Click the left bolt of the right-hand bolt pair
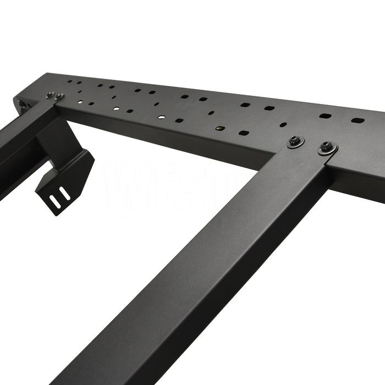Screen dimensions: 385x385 click(295, 142)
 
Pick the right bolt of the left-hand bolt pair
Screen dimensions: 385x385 click(58, 97)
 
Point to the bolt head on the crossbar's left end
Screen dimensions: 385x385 click(21, 104)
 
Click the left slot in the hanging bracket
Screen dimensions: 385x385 click(56, 196)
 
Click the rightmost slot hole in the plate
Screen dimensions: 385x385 click(358, 120)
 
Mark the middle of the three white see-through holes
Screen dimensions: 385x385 click(116, 108)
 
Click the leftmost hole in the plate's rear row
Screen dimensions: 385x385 click(70, 81)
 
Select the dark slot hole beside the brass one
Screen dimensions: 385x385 click(244, 133)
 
